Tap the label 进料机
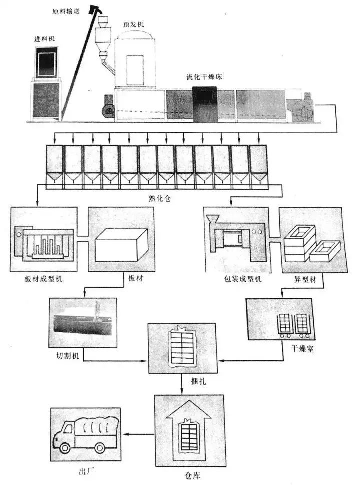click(41, 38)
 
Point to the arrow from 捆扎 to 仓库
click(182, 384)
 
